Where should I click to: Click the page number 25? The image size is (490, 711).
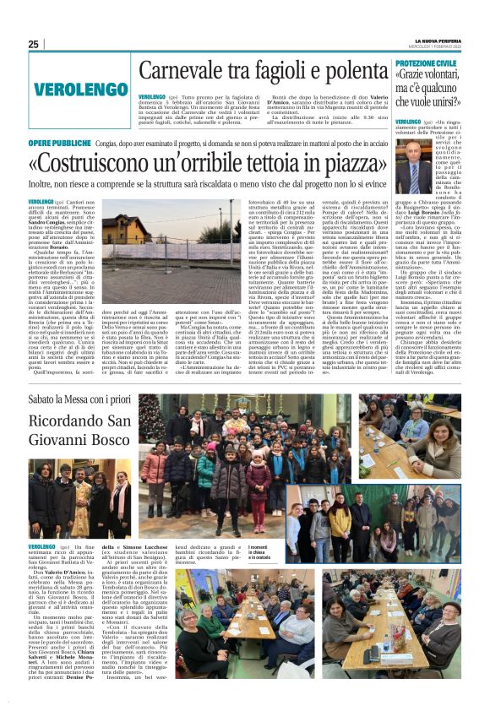(x=34, y=44)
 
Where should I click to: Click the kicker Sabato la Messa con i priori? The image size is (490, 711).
(x=82, y=398)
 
